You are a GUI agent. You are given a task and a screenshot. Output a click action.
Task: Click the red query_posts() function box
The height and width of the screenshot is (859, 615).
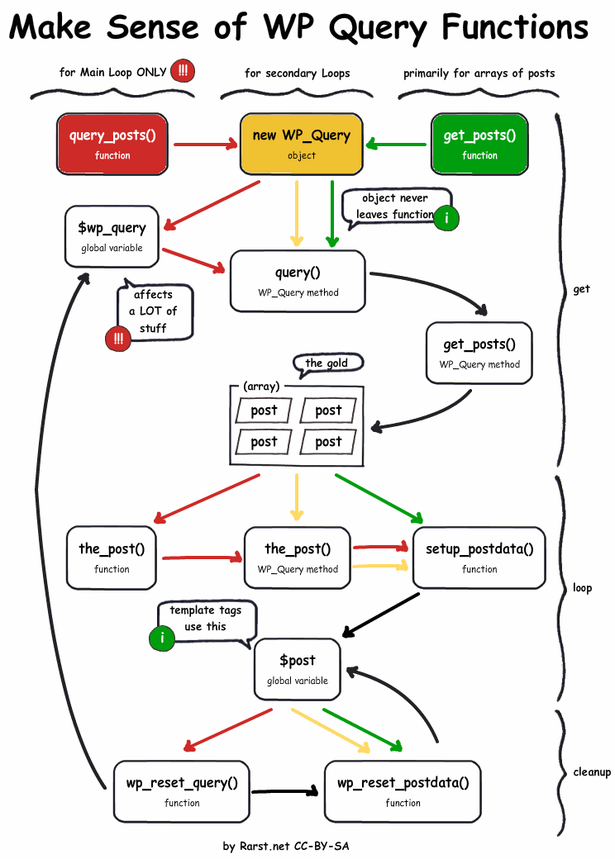112,144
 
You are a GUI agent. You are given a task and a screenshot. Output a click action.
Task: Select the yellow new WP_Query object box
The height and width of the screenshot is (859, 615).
301,144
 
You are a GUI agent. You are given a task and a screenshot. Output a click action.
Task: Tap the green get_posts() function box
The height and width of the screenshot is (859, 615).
479,144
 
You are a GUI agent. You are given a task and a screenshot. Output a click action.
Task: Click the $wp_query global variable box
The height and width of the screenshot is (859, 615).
112,236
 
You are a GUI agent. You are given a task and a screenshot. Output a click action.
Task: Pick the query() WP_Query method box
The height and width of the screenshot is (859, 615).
298,281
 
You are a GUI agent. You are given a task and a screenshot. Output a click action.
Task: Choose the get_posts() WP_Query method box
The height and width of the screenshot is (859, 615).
479,354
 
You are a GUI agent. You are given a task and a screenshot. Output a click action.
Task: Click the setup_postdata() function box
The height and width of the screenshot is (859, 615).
479,558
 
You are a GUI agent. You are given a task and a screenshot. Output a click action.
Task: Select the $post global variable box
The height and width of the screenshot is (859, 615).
298,669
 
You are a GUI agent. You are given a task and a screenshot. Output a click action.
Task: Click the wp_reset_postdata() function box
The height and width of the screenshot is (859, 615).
403,791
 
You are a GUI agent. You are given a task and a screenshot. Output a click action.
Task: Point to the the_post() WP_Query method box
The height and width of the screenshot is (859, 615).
298,558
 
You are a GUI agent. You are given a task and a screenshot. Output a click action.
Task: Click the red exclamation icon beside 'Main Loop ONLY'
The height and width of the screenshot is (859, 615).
183,72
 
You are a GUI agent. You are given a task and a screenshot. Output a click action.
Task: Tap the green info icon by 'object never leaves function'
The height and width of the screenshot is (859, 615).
446,218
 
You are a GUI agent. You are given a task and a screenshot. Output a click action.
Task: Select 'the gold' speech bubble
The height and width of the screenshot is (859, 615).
327,363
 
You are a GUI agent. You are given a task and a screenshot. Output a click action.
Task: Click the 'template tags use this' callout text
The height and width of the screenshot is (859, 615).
206,619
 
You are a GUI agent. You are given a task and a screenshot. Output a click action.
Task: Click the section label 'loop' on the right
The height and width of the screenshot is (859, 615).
582,588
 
